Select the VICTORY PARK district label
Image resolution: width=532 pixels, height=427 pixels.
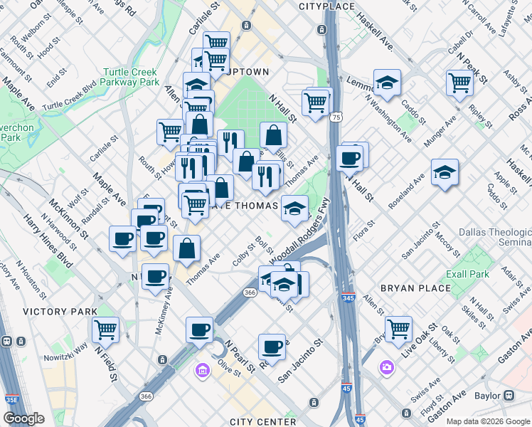click(x=60, y=312)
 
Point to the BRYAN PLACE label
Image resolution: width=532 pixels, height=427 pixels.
click(x=416, y=288)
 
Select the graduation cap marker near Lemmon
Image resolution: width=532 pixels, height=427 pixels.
click(x=387, y=83)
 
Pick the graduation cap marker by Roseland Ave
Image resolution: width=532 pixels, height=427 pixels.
click(x=445, y=172)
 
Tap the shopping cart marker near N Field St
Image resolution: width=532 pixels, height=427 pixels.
click(x=105, y=330)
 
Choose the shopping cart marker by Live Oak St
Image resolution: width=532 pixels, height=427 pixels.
click(x=398, y=329)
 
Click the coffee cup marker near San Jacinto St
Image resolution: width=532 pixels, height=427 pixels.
click(x=272, y=347)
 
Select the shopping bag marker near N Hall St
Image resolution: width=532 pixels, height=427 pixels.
click(x=273, y=135)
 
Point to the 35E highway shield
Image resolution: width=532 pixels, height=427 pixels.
click(x=12, y=400)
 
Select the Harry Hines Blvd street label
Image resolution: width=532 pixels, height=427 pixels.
click(x=49, y=238)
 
